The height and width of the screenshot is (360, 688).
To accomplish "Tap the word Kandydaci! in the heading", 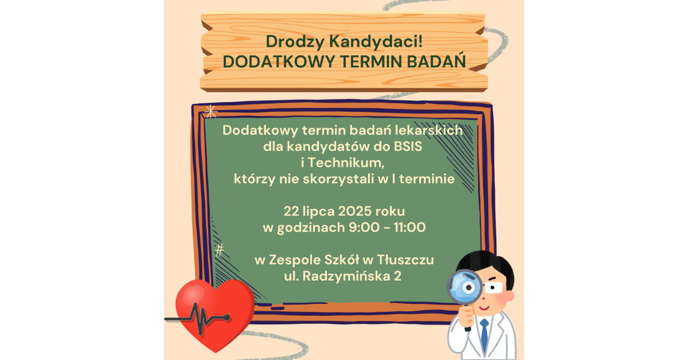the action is pos(376,41).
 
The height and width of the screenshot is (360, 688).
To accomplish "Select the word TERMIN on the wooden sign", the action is pos(371,62).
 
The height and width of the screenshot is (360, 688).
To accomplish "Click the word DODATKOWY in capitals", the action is pos(279,62).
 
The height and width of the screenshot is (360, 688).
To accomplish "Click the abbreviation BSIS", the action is pos(408,147).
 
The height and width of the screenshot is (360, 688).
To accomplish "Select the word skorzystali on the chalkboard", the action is pos(338,179).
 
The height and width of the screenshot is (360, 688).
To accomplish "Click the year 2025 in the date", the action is pos(355,212).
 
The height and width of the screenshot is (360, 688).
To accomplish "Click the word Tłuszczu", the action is pos(405,260).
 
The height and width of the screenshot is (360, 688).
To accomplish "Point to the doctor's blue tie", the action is pos(484,335).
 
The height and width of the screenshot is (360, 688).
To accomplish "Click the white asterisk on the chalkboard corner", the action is pos(210,112).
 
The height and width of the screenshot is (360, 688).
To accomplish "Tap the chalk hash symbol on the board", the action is pos(219,250).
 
